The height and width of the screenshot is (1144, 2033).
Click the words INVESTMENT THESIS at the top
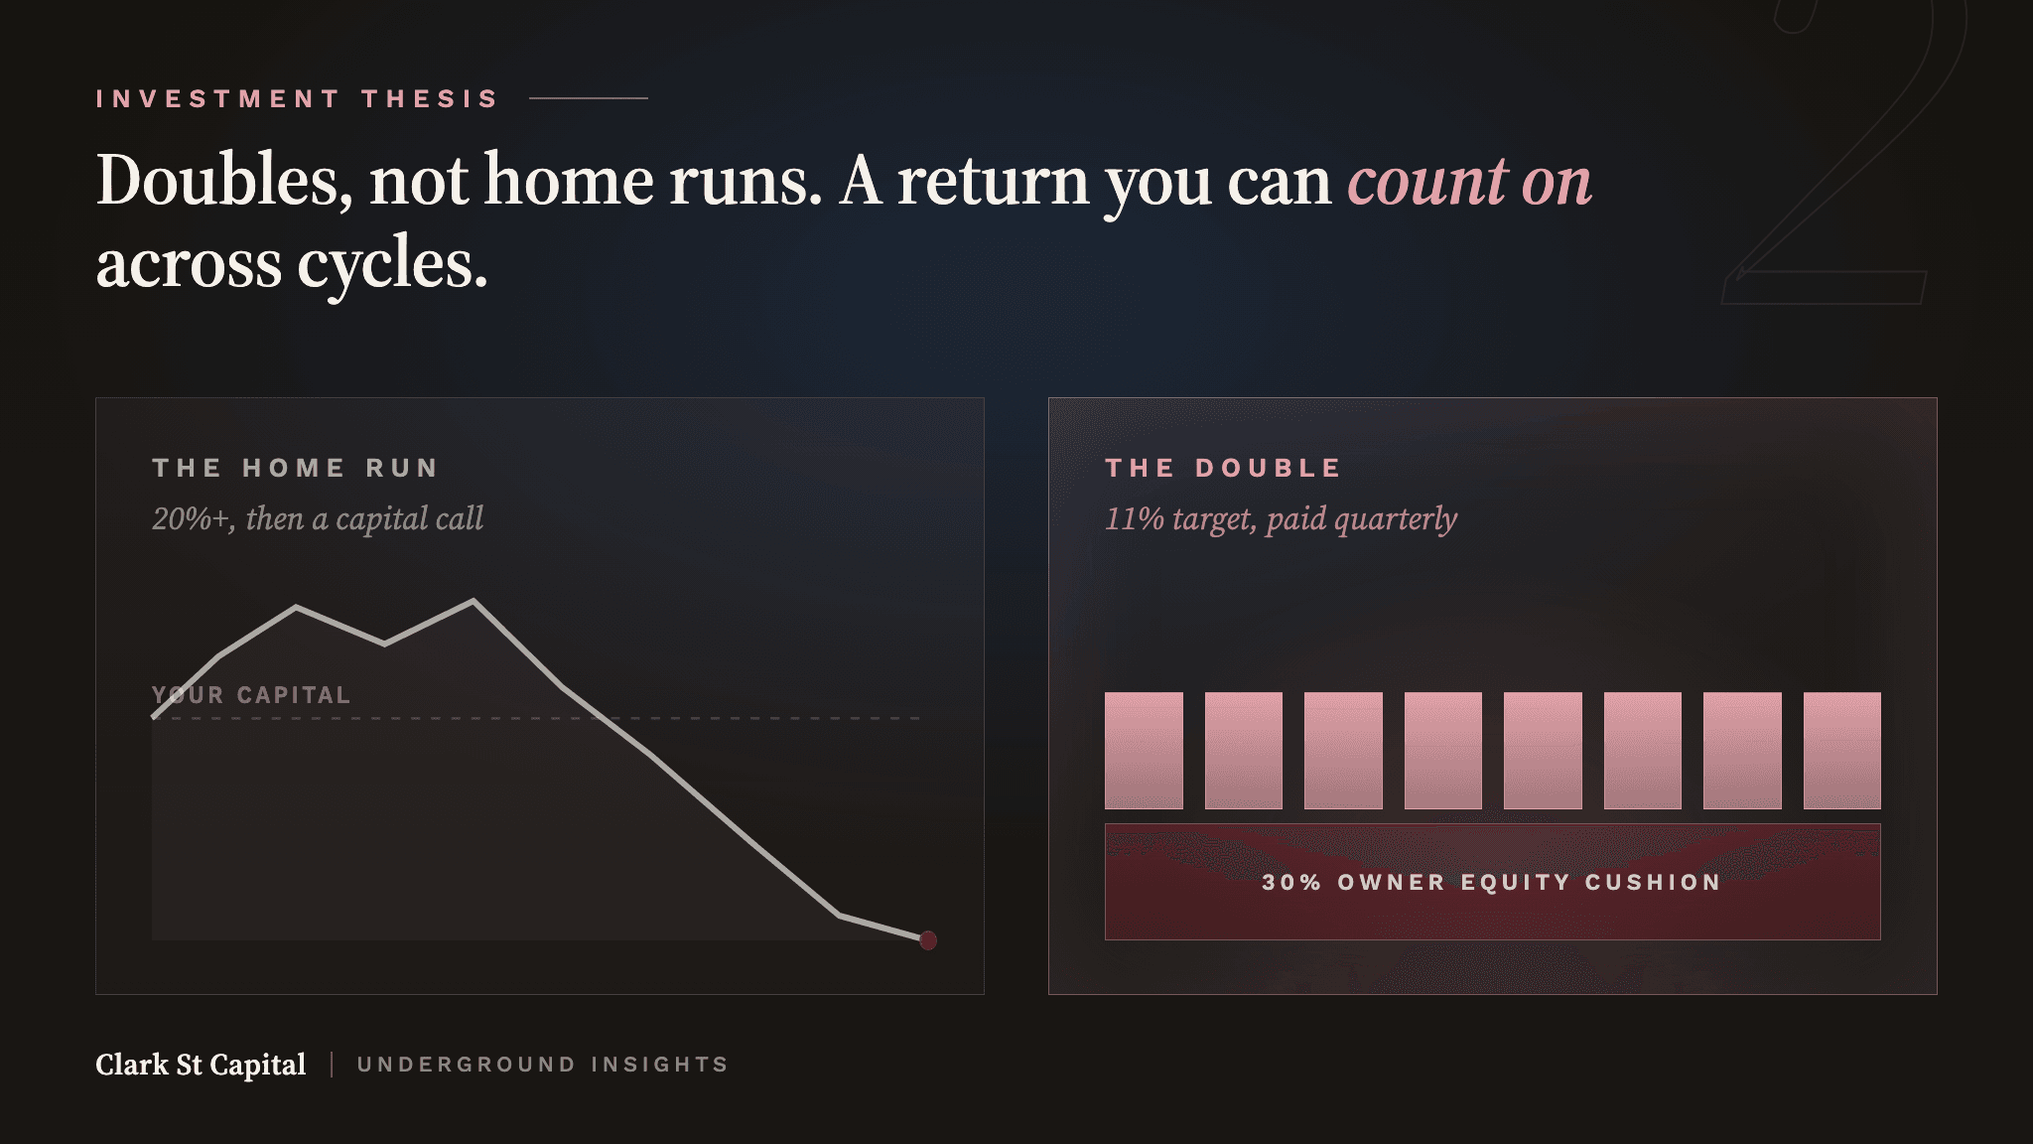pyautogui.click(x=297, y=99)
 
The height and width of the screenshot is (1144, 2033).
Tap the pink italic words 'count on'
pyautogui.click(x=1469, y=182)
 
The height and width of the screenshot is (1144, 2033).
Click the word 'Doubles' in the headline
pyautogui.click(x=224, y=182)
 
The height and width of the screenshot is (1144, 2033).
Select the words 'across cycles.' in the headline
pyautogui.click(x=292, y=265)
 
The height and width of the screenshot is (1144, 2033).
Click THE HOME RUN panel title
pyautogui.click(x=295, y=468)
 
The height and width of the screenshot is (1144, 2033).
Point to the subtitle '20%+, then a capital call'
pyautogui.click(x=318, y=518)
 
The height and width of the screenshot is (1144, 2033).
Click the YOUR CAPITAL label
pyautogui.click(x=251, y=695)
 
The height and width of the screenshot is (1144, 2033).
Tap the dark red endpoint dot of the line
pyautogui.click(x=928, y=940)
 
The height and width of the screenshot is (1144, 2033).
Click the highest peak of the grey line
pyautogui.click(x=474, y=600)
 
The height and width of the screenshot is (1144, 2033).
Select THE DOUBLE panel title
pyautogui.click(x=1223, y=468)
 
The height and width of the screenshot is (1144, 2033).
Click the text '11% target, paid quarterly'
pyautogui.click(x=1281, y=518)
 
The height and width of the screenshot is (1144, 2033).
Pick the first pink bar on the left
pyautogui.click(x=1144, y=751)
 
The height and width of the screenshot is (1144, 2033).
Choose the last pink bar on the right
pyautogui.click(x=1842, y=751)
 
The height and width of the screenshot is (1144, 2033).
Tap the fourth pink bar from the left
pyautogui.click(x=1443, y=751)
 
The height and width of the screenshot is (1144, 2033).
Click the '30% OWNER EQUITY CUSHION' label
pyautogui.click(x=1492, y=882)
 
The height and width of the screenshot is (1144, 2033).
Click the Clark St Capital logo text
pyautogui.click(x=201, y=1065)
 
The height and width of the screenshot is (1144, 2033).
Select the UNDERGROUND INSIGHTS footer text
pyautogui.click(x=543, y=1065)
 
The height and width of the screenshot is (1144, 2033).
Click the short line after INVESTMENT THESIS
pyautogui.click(x=589, y=98)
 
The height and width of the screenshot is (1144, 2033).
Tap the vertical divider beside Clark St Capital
pyautogui.click(x=332, y=1065)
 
